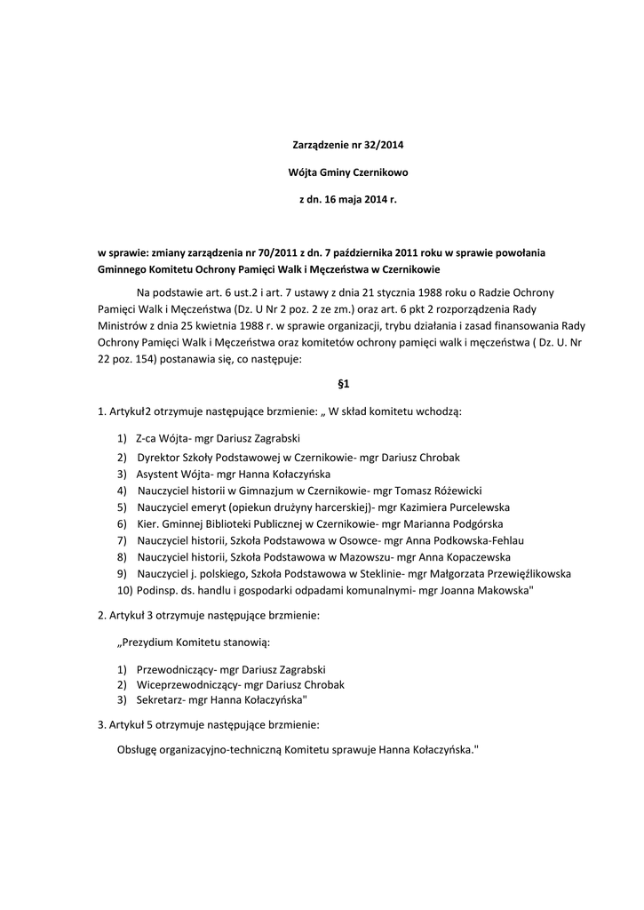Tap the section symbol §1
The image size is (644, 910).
345,385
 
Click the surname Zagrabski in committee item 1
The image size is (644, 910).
270,438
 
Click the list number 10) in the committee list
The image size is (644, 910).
124,591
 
